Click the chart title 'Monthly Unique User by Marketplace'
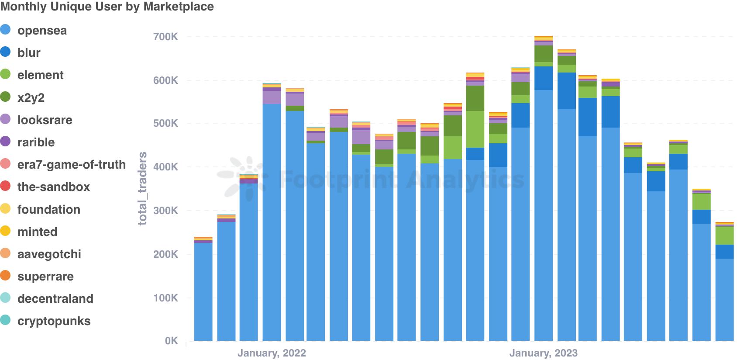point(107,7)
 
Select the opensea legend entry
point(42,31)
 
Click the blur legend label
point(29,53)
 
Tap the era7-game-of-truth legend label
point(71,165)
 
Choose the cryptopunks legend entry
point(54,321)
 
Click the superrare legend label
point(45,277)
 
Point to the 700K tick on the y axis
point(165,37)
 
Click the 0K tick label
point(171,341)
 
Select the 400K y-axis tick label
point(165,167)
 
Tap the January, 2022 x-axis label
point(272,353)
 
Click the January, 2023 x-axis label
point(543,353)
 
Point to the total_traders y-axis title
point(142,188)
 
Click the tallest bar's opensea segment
point(544,214)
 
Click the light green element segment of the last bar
point(724,236)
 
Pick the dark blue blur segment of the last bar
point(724,252)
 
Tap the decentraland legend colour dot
point(5,298)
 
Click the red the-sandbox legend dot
point(5,186)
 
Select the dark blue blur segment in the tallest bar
point(544,78)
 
